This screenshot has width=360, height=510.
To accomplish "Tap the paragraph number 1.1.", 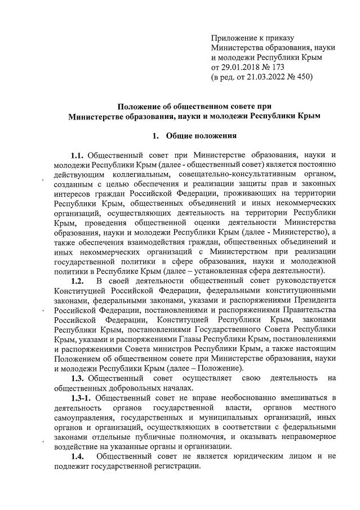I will (78, 154).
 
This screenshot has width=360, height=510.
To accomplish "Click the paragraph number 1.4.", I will (78, 456).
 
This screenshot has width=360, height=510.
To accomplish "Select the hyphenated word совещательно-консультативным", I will (234, 174).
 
